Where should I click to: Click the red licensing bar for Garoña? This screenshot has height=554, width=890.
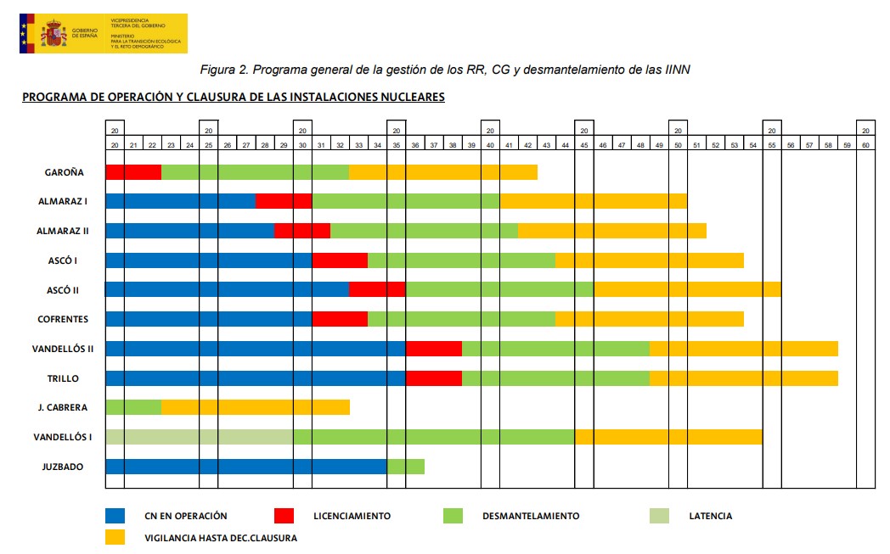coord(133,171)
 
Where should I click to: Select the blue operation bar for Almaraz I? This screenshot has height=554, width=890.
coord(180,201)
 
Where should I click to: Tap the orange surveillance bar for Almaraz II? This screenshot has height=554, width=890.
coord(611,231)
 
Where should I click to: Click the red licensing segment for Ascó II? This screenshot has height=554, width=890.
coord(377,289)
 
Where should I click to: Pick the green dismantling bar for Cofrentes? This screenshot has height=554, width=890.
coord(461,319)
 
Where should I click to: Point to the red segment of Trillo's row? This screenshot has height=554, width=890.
coord(433,378)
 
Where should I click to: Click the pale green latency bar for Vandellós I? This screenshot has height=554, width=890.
coord(200,437)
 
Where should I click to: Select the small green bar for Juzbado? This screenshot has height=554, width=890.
coord(405,466)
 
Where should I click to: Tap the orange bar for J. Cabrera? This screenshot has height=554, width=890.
coord(255,407)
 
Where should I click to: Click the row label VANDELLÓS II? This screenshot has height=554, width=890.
coord(64,349)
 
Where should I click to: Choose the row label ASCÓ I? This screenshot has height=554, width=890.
coord(64,260)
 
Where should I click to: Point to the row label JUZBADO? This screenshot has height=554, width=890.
coord(64,466)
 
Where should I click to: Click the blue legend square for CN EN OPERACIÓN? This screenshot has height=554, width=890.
coord(115,516)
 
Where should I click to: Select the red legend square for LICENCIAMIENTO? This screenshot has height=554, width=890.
coord(284,516)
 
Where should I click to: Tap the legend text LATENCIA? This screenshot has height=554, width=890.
coord(711,516)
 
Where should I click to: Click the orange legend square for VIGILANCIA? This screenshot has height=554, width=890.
coord(115,537)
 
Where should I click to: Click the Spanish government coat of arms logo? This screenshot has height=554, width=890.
coord(54,34)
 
